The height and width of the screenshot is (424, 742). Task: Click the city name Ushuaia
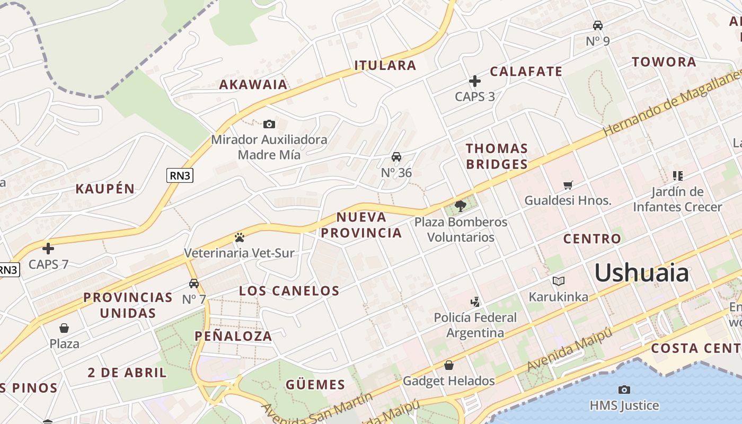[641, 273]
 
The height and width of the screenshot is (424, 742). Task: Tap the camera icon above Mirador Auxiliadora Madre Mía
[269, 124]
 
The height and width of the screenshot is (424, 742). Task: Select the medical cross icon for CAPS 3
[475, 81]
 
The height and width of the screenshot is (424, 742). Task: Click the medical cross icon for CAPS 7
[48, 248]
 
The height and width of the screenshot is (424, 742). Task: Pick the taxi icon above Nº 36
[396, 157]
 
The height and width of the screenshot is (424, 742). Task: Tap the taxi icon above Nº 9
[598, 25]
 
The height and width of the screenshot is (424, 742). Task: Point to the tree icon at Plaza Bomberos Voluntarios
[461, 205]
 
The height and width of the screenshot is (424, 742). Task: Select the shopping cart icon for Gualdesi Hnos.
[568, 185]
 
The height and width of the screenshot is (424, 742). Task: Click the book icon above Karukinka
[559, 281]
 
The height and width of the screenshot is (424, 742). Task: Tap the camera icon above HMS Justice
[624, 390]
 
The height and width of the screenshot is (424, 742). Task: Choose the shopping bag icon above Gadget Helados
[449, 365]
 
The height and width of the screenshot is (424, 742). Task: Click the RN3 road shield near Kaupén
[180, 175]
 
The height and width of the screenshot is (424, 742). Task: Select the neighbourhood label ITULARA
[385, 66]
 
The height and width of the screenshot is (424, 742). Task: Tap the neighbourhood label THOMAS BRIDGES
[497, 156]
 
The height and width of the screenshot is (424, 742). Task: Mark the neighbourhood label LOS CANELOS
[289, 290]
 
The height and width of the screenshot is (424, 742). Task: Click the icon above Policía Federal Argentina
[475, 302]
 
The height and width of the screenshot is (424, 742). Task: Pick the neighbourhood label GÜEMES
[315, 385]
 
